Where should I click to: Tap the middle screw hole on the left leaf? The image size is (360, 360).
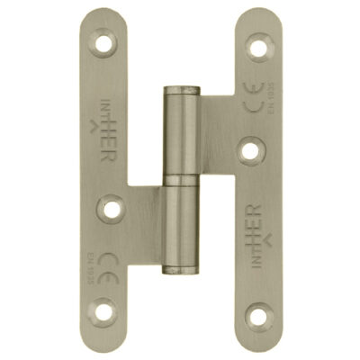point(112,208)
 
